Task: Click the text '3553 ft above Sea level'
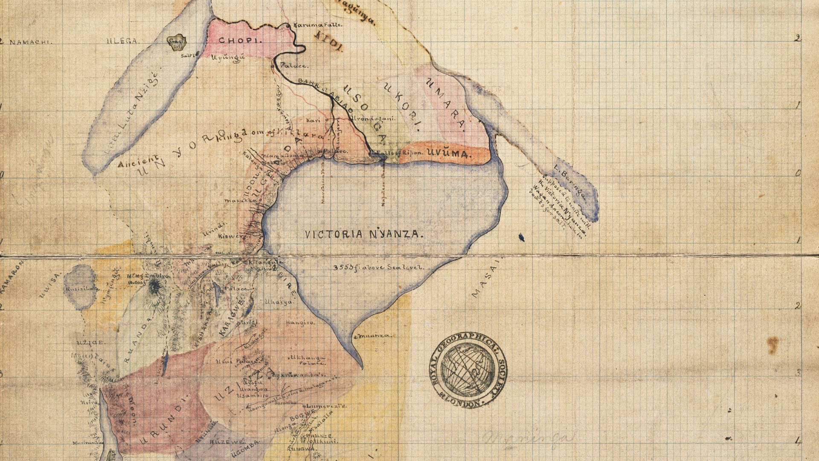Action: pyautogui.click(x=378, y=268)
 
